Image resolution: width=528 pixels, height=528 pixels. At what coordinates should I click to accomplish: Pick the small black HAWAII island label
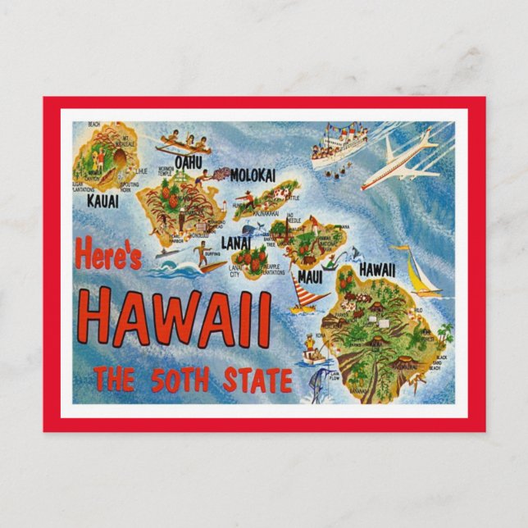(376, 269)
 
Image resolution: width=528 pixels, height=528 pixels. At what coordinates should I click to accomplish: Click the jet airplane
(405, 160)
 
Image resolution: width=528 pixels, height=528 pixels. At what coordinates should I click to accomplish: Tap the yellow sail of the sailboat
(419, 270)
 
